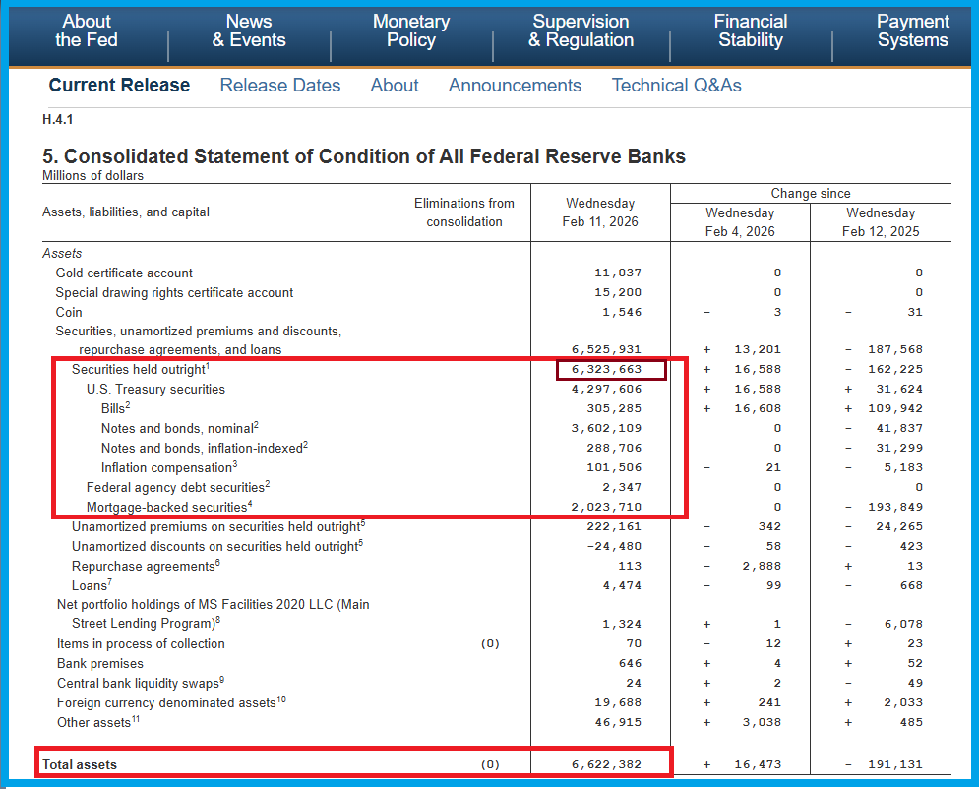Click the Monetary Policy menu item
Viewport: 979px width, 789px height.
411,30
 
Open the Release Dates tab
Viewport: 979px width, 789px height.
280,86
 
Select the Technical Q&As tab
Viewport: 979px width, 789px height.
676,86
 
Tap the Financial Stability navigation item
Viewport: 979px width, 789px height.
751,30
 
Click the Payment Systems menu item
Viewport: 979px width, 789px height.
912,30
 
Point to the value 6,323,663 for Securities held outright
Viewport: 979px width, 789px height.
606,370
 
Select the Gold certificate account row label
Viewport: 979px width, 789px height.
124,273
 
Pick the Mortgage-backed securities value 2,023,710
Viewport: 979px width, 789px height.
606,508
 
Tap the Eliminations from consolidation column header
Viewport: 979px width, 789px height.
464,212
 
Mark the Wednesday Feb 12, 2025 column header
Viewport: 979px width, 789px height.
881,222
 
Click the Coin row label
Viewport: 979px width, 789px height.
69,312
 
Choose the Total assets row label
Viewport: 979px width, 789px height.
80,764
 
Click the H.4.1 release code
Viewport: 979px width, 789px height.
58,120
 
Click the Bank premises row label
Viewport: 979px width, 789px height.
96,663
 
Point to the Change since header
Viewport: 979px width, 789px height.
811,194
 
